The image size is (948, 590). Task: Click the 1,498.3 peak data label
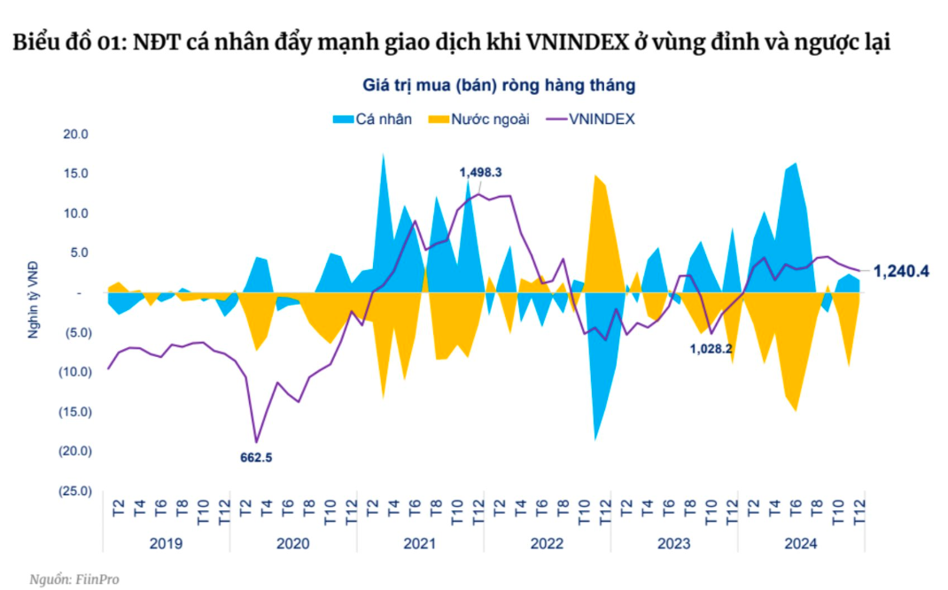pyautogui.click(x=487, y=172)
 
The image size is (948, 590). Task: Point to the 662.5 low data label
pyautogui.click(x=256, y=458)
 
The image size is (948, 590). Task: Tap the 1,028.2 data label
pyautogui.click(x=711, y=349)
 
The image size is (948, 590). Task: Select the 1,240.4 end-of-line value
pyautogui.click(x=901, y=271)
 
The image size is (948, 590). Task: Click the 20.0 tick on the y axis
pyautogui.click(x=77, y=135)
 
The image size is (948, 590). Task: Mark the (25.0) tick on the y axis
pyautogui.click(x=75, y=491)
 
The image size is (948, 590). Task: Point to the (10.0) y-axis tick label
pyautogui.click(x=75, y=372)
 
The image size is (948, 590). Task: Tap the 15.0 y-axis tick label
pyautogui.click(x=77, y=174)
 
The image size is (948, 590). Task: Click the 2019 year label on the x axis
pyautogui.click(x=166, y=543)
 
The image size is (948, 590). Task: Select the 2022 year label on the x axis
pyautogui.click(x=547, y=543)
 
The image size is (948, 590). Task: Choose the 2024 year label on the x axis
pyautogui.click(x=801, y=543)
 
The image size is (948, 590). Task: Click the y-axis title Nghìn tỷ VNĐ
pyautogui.click(x=33, y=313)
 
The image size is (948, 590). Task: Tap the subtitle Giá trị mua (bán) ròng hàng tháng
pyautogui.click(x=499, y=85)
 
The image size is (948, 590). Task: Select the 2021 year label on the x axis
pyautogui.click(x=420, y=543)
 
